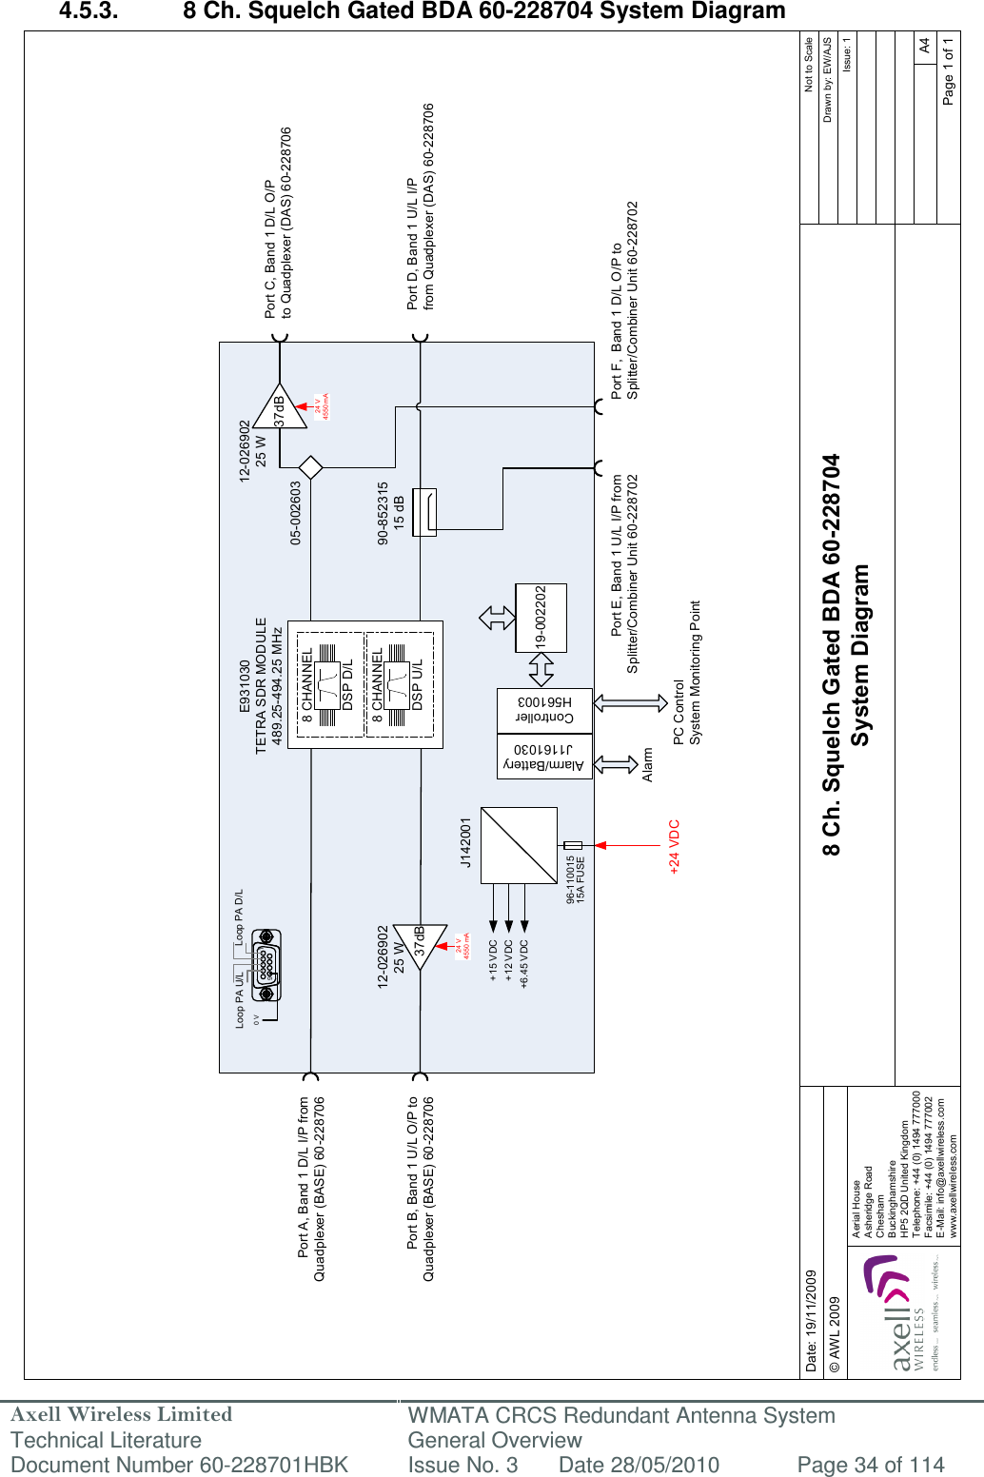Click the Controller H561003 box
tap(544, 710)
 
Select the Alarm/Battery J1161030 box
tap(544, 757)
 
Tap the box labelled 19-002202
tap(541, 618)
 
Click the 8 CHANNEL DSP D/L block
tap(326, 684)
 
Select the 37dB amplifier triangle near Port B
tap(422, 947)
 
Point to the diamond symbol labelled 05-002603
tap(311, 467)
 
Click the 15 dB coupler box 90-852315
tap(424, 512)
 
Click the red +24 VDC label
tap(674, 846)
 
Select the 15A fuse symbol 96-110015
tap(573, 845)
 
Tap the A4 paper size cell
tap(924, 46)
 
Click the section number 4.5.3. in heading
tap(89, 11)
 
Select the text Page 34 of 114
tap(870, 1465)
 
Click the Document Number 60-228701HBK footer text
tap(179, 1465)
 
